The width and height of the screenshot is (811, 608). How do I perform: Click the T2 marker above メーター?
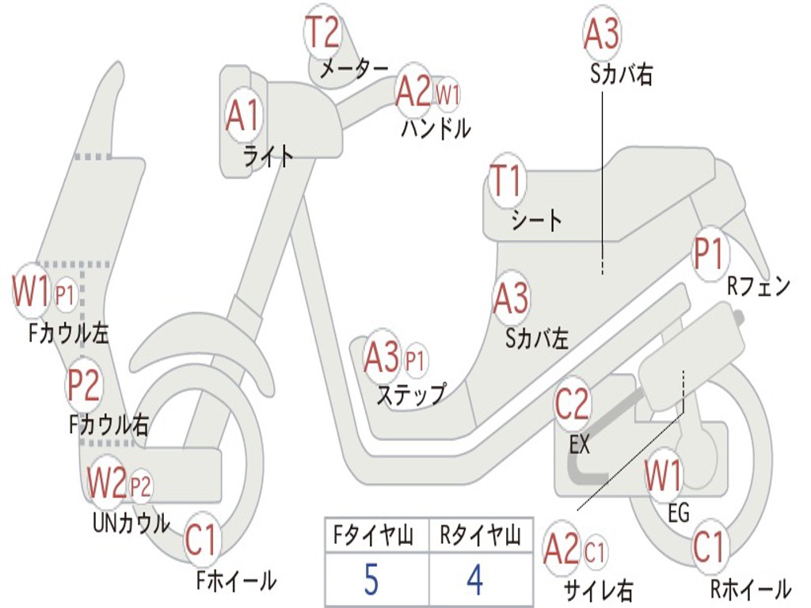(x=323, y=32)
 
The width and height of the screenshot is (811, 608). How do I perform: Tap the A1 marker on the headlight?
(x=242, y=115)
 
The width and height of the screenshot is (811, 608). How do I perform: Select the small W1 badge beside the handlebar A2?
(x=447, y=95)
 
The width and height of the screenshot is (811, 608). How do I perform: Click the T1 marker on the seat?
(x=508, y=180)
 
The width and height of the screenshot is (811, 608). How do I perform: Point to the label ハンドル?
(x=436, y=129)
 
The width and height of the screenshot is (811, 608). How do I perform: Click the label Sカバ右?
(x=621, y=74)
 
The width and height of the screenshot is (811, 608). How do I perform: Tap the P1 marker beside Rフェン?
(x=710, y=254)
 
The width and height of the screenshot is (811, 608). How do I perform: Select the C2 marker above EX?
(x=572, y=404)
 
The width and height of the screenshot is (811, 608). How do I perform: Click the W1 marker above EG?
(x=663, y=475)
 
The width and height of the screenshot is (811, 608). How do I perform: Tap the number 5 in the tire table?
(x=371, y=579)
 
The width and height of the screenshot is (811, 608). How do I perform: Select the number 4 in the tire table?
(x=475, y=579)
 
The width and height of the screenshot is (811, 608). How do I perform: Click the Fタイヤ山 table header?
(x=374, y=535)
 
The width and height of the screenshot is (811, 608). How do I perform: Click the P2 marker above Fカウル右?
(x=84, y=386)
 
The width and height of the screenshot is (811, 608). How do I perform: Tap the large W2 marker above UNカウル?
(x=107, y=482)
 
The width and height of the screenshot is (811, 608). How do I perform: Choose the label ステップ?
(x=411, y=395)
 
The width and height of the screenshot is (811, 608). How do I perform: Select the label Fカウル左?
(x=68, y=333)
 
